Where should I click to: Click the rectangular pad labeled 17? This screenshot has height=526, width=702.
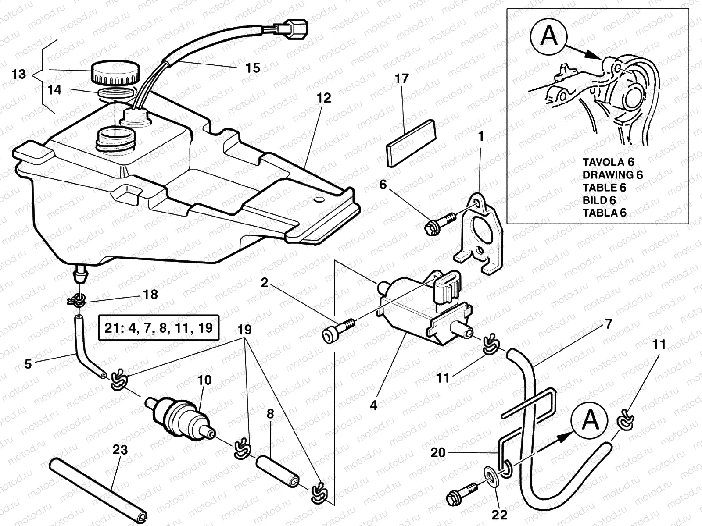pos(412,142)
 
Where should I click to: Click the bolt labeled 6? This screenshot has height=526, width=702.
pos(439,223)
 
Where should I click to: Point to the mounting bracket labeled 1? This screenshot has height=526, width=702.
pos(481,232)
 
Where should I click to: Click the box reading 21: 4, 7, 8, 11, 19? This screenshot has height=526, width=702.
pos(158,327)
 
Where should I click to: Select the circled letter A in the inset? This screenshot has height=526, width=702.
pos(548,36)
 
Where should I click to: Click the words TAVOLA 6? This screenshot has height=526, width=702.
pos(608,162)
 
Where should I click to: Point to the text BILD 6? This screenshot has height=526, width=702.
pos(599,200)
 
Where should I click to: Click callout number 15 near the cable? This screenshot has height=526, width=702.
pos(252,68)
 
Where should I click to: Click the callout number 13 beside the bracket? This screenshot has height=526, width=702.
pos(19,74)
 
